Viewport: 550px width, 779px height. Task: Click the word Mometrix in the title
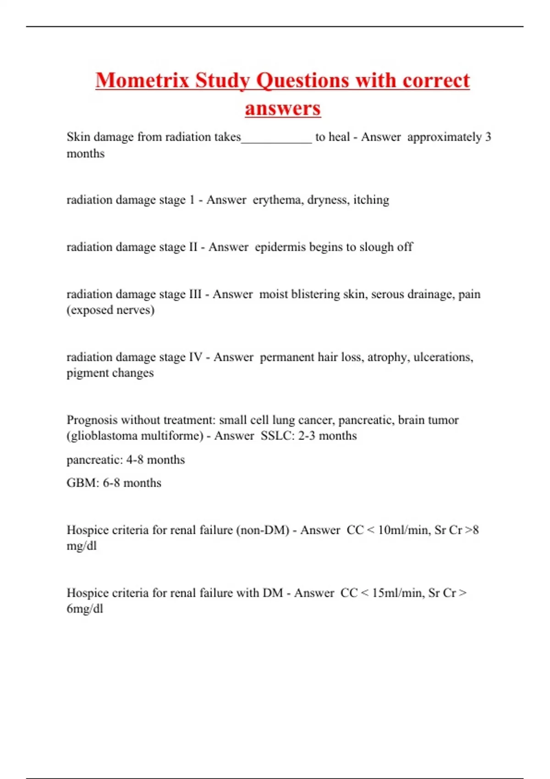(142, 80)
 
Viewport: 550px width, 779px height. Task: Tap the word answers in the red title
(282, 109)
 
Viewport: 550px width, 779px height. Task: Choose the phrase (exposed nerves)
(110, 310)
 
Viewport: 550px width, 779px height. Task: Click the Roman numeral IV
(195, 357)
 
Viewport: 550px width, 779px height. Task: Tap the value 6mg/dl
(85, 609)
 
